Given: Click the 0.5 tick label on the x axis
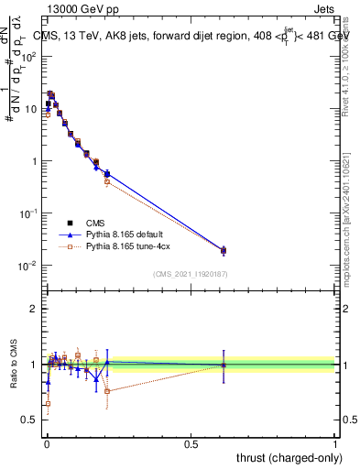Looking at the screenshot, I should click(191, 442).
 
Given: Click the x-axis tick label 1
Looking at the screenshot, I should click(335, 442).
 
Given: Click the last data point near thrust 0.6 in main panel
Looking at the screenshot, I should click(224, 250).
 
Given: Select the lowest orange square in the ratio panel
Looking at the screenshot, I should click(48, 403).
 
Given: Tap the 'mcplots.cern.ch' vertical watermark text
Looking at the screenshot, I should click(350, 229).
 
